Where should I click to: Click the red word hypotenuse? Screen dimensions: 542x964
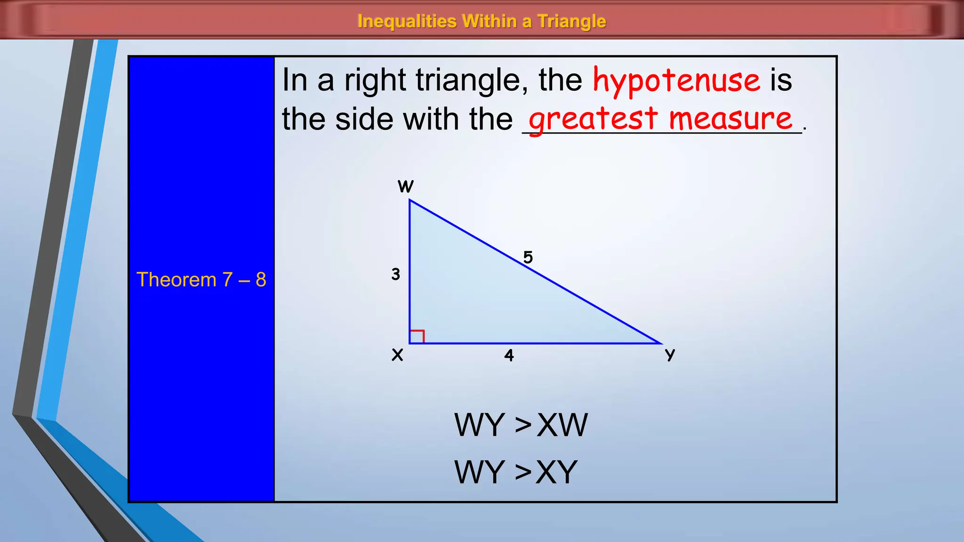tap(676, 81)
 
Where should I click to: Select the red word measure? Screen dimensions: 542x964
tap(731, 119)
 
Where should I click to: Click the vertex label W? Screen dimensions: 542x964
tap(405, 187)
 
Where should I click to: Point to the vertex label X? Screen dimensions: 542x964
tap(397, 355)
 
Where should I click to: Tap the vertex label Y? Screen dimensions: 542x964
tap(670, 355)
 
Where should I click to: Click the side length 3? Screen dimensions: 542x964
tap(395, 274)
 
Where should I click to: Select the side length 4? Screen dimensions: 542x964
tap(509, 355)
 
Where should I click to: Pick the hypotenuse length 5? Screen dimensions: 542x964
tap(528, 257)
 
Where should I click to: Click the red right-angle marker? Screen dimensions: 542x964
tap(417, 336)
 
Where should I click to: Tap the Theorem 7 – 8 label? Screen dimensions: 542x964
tap(201, 279)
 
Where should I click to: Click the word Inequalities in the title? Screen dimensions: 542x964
tap(407, 21)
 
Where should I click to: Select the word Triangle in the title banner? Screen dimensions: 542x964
tap(571, 21)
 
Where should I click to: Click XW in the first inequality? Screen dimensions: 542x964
tap(562, 425)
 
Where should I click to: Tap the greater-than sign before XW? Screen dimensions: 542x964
tap(523, 425)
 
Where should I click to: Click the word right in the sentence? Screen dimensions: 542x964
tap(375, 81)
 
